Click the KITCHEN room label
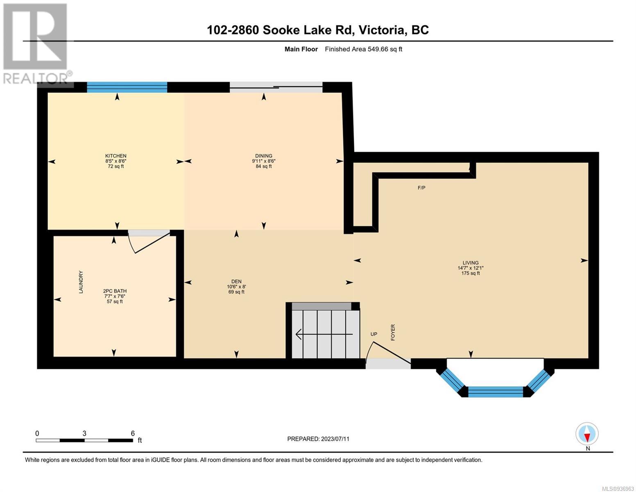pos(115,156)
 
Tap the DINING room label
pos(263,156)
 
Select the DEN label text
pos(236,281)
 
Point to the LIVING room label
pos(470,262)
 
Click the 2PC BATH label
pos(115,291)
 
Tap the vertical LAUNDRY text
pos(81,282)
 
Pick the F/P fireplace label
pos(421,187)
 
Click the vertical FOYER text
pos(393,332)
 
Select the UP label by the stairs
pos(374,334)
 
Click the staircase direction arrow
pos(324,334)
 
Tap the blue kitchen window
pos(127,87)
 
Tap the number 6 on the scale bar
pos(133,433)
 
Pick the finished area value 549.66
pos(378,49)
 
